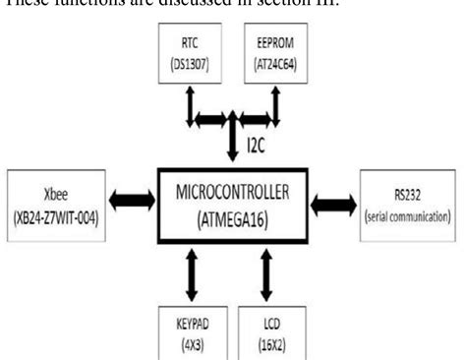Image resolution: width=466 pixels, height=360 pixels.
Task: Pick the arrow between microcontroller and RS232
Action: point(335,205)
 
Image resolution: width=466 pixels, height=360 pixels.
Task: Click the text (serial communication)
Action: point(407,216)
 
